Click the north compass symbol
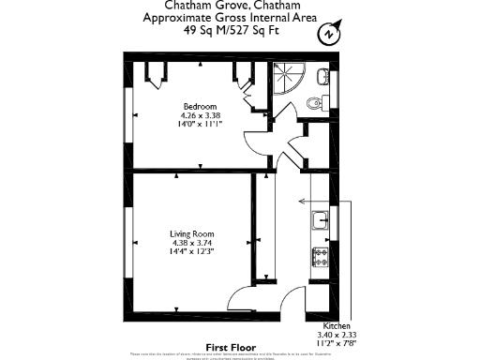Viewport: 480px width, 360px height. tap(328, 35)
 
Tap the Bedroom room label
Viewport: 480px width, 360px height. tap(200, 106)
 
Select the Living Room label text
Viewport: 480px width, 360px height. tap(192, 233)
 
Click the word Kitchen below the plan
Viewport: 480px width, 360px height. tap(337, 323)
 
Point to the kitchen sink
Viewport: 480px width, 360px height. tap(320, 221)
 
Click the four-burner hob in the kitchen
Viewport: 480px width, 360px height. tap(320, 254)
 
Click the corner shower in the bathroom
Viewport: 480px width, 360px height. tap(285, 74)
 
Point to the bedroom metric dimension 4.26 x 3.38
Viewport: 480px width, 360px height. tap(200, 116)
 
